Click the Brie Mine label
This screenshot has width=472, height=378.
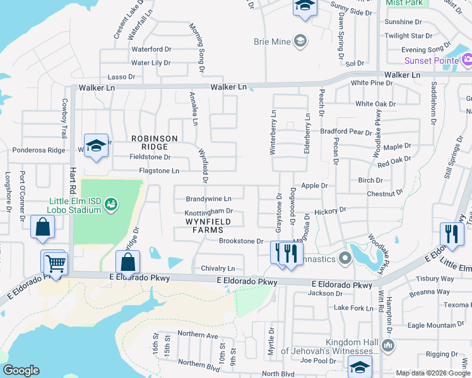(271, 42)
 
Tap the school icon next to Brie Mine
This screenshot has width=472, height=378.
(300, 42)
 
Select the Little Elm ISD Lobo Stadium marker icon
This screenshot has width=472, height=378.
(111, 203)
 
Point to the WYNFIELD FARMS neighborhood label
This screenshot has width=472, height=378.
(208, 226)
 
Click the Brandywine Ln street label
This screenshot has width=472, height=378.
(213, 198)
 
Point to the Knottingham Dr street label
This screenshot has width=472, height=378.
(209, 212)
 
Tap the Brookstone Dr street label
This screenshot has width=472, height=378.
(240, 241)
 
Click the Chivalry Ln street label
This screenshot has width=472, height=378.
(218, 268)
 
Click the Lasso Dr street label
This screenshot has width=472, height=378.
(122, 77)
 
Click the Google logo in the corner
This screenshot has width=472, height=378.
(21, 370)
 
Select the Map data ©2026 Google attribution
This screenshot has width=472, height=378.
(432, 373)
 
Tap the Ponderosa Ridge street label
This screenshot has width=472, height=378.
(38, 151)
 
